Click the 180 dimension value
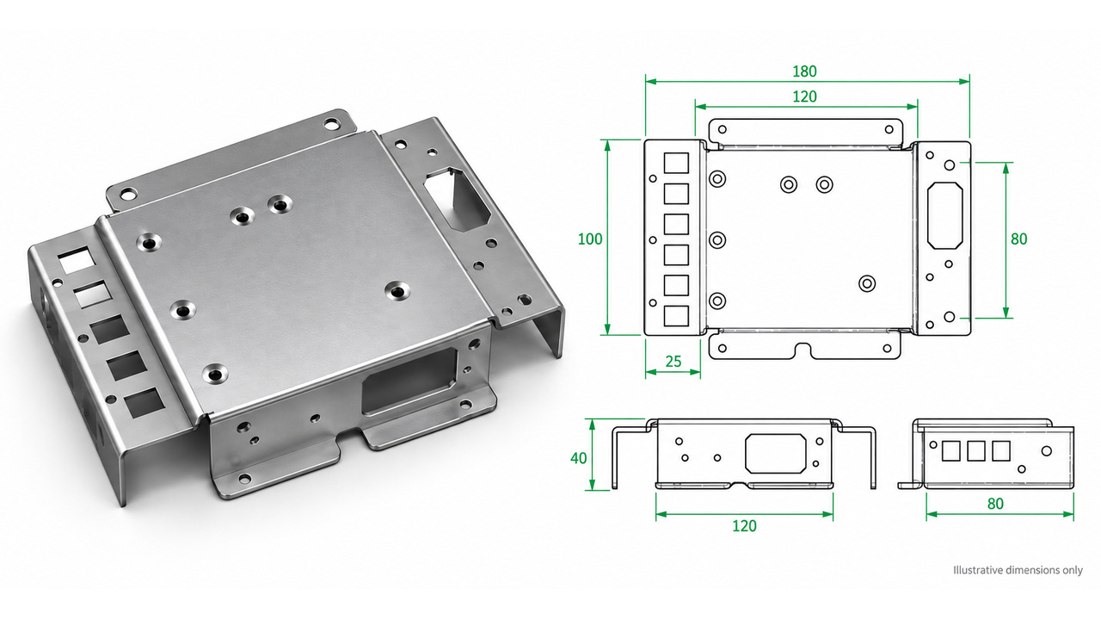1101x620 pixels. (x=804, y=71)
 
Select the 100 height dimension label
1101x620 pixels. (x=590, y=239)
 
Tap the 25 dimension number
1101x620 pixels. (x=673, y=362)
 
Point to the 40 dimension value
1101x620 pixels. (x=579, y=458)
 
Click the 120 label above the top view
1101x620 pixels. (x=804, y=97)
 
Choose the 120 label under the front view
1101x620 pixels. (x=744, y=526)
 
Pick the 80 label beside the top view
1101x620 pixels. (x=1019, y=239)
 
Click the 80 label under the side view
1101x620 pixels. (x=995, y=504)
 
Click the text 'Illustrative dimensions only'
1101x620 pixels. (x=1018, y=570)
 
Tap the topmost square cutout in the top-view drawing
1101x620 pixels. (x=676, y=163)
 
